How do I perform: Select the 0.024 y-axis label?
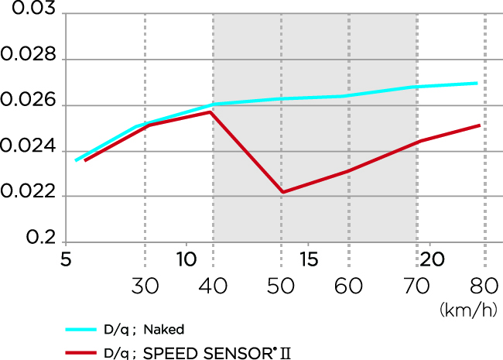pos(29,148)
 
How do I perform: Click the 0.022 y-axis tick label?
pos(29,194)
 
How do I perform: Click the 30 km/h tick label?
pos(145,286)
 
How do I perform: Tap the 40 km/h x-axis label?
pos(213,286)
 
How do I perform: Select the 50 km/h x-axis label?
pos(281,286)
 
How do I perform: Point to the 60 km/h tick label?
pos(349,286)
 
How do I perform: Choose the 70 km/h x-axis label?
pos(417,286)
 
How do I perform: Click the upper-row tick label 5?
pos(64,259)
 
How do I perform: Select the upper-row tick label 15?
pos(307,259)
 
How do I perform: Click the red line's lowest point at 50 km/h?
pos(282,192)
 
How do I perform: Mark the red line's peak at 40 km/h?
pos(210,112)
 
